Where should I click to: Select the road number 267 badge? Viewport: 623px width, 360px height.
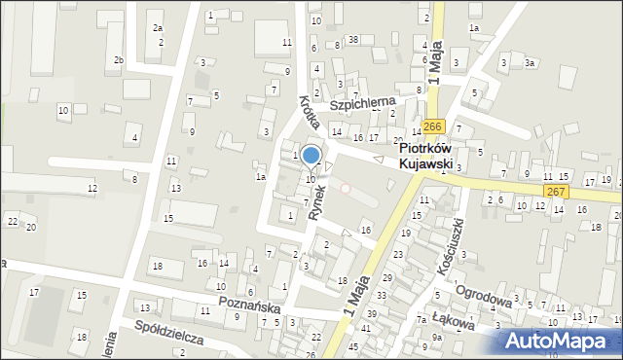(556, 192)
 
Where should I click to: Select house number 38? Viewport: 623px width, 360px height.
(353, 40)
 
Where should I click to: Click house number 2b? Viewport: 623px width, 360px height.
(118, 60)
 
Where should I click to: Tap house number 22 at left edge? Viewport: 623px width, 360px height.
(13, 222)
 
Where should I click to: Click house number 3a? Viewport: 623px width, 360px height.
(530, 63)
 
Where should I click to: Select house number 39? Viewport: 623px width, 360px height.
(372, 313)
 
